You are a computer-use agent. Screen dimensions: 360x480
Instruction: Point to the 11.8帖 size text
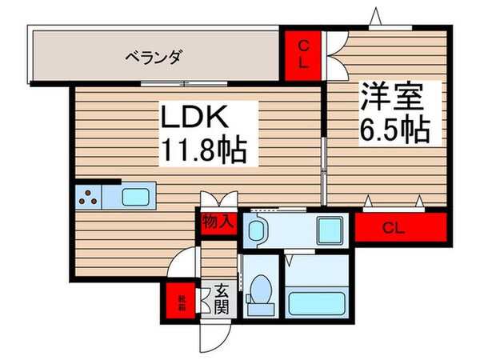(204, 150)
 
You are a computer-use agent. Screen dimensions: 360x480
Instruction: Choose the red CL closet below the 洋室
(400, 227)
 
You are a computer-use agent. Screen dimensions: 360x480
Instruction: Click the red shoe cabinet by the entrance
(184, 302)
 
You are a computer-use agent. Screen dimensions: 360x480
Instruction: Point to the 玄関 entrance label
(221, 299)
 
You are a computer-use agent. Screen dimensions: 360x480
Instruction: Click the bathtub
(315, 305)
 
